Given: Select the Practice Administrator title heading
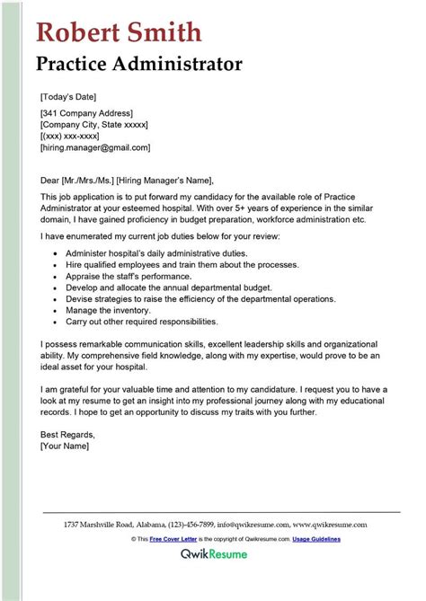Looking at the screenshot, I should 139,65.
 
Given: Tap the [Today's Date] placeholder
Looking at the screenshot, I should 68,96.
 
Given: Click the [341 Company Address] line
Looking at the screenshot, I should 86,113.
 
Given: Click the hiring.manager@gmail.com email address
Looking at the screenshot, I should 95,147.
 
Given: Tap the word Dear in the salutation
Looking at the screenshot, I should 50,181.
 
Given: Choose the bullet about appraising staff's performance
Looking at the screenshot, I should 124,278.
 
